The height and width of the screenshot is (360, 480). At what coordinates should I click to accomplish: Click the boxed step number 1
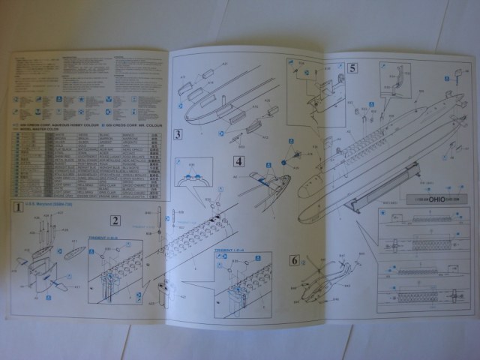point(15,205)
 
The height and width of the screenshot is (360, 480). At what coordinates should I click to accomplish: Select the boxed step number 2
point(115,220)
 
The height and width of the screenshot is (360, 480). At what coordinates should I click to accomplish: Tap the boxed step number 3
point(178,135)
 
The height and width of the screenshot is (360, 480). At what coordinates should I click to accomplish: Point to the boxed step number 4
point(238,161)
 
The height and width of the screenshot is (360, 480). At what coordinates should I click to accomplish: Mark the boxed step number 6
point(294,260)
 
